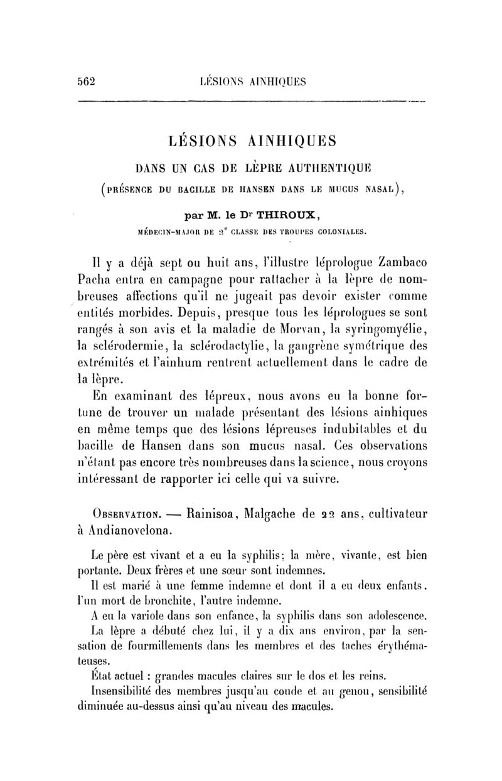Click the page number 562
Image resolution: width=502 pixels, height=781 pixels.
tap(85, 80)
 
